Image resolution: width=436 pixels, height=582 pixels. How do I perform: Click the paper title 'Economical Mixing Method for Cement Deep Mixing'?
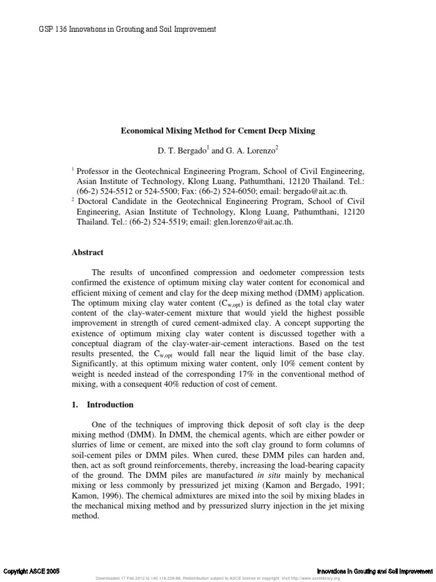click(x=217, y=131)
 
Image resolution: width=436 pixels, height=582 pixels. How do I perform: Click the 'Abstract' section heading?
click(x=87, y=252)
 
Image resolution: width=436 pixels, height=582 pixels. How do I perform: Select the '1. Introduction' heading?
click(x=102, y=405)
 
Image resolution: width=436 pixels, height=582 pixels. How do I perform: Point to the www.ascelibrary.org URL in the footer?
click(x=315, y=579)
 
